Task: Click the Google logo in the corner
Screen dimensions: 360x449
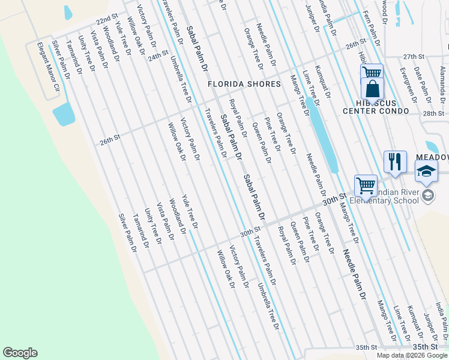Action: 20,353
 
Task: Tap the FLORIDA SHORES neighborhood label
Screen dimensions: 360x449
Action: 244,84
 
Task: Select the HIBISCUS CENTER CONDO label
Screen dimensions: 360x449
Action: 376,107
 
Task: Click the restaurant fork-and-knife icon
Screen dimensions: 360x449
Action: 394,161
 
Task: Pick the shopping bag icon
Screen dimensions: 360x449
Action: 373,90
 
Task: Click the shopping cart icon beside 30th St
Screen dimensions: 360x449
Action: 365,185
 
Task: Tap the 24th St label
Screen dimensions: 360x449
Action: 158,55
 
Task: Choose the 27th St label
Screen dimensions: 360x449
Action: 414,56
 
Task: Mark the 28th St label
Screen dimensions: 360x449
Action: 433,113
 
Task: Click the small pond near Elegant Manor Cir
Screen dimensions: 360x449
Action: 64,113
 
